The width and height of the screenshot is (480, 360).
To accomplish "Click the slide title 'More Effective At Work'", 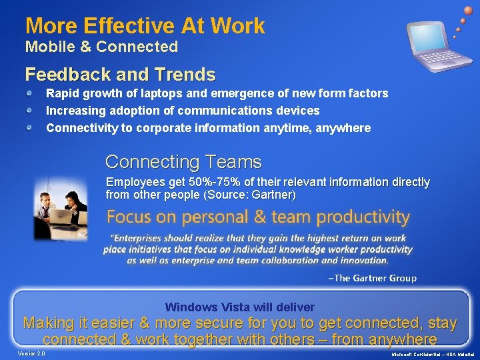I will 145,26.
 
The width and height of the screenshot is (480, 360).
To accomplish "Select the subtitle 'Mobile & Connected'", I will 101,47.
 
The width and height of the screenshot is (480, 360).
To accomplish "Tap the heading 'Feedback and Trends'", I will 120,73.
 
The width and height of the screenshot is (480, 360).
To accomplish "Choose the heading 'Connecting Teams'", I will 183,162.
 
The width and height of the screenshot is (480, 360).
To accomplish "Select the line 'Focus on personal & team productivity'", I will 258,217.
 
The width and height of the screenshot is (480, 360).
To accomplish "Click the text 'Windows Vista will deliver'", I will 239,307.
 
